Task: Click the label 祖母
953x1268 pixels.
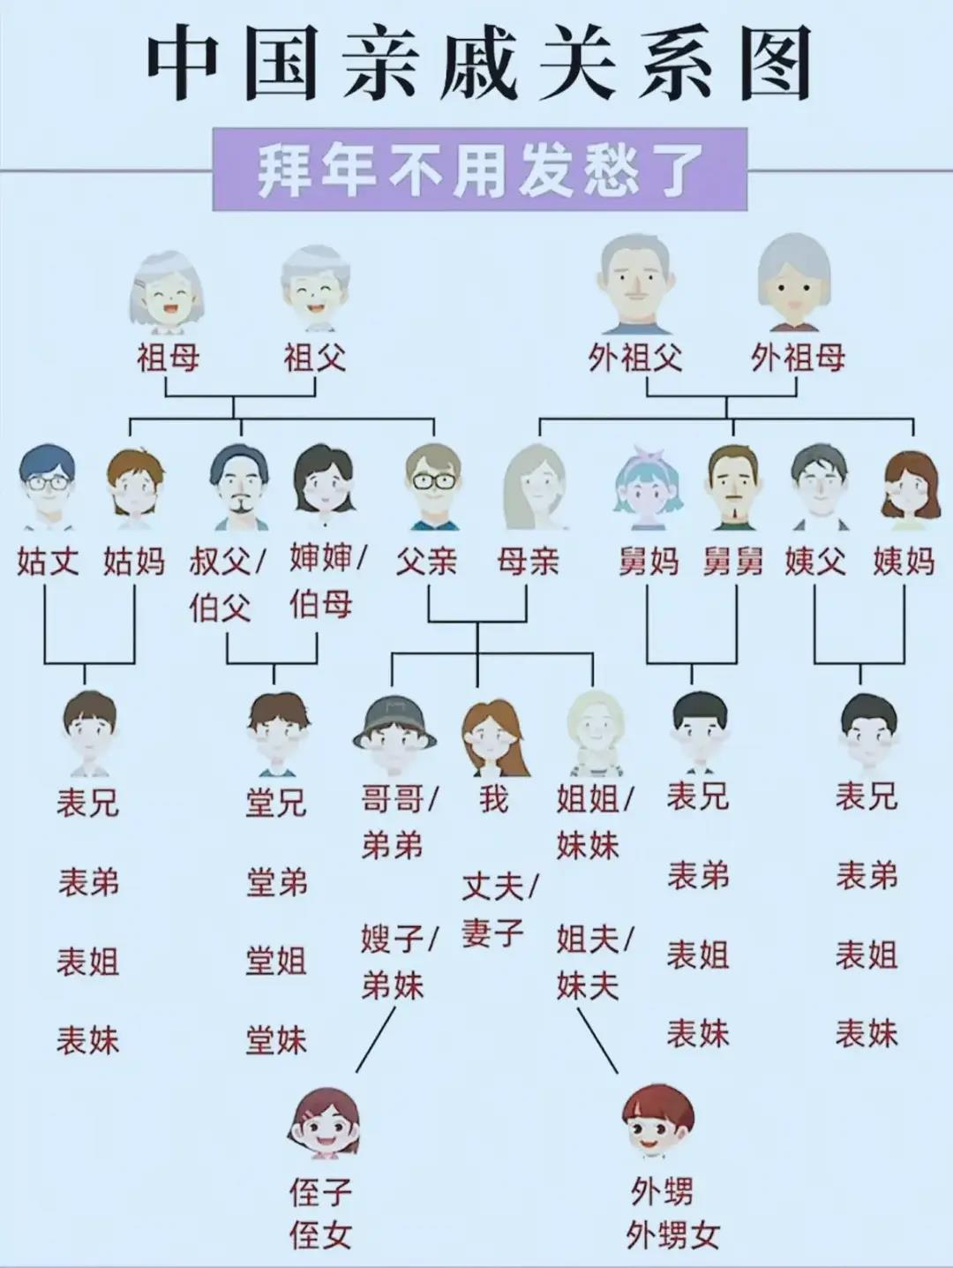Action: click(x=168, y=358)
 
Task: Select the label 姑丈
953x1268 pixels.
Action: click(x=48, y=561)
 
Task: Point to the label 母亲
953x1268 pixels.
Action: click(x=528, y=561)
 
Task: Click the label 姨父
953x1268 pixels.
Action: click(x=815, y=561)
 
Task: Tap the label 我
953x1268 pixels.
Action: click(x=494, y=799)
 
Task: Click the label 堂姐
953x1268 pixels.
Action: click(x=276, y=961)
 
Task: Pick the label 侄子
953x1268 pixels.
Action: click(x=320, y=1192)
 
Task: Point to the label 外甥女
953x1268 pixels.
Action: click(x=672, y=1235)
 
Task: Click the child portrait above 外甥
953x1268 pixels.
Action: click(x=657, y=1121)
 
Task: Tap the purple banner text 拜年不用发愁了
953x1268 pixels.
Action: click(x=480, y=170)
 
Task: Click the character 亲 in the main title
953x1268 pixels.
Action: click(x=380, y=66)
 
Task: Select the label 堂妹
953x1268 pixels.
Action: click(x=276, y=1040)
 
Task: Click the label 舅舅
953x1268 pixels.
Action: click(x=733, y=561)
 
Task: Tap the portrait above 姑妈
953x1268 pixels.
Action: click(x=135, y=484)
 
